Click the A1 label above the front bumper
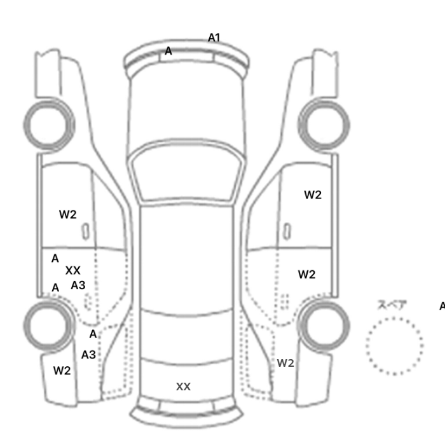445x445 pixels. pyautogui.click(x=214, y=38)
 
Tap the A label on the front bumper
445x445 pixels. pyautogui.click(x=168, y=51)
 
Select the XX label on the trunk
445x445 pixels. pyautogui.click(x=183, y=387)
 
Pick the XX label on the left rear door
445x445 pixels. pyautogui.click(x=73, y=270)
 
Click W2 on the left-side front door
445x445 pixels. pyautogui.click(x=68, y=215)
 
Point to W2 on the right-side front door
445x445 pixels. pyautogui.click(x=313, y=195)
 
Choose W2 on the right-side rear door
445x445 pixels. pyautogui.click(x=307, y=275)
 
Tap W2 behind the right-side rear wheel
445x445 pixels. pyautogui.click(x=285, y=363)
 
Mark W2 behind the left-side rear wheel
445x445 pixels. pyautogui.click(x=62, y=371)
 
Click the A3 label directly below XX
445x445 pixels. pyautogui.click(x=78, y=285)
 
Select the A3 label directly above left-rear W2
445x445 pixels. pyautogui.click(x=88, y=355)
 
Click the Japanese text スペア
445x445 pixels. pyautogui.click(x=392, y=305)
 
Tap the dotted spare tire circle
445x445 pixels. pyautogui.click(x=395, y=346)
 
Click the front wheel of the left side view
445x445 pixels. pyautogui.click(x=49, y=125)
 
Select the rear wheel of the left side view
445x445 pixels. pyautogui.click(x=49, y=326)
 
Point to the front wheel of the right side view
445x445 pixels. pyautogui.click(x=324, y=125)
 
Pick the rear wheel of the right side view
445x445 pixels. pyautogui.click(x=324, y=326)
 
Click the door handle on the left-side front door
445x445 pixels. pyautogui.click(x=86, y=231)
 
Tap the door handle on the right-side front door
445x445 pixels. pyautogui.click(x=287, y=231)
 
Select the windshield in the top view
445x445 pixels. pyautogui.click(x=186, y=172)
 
